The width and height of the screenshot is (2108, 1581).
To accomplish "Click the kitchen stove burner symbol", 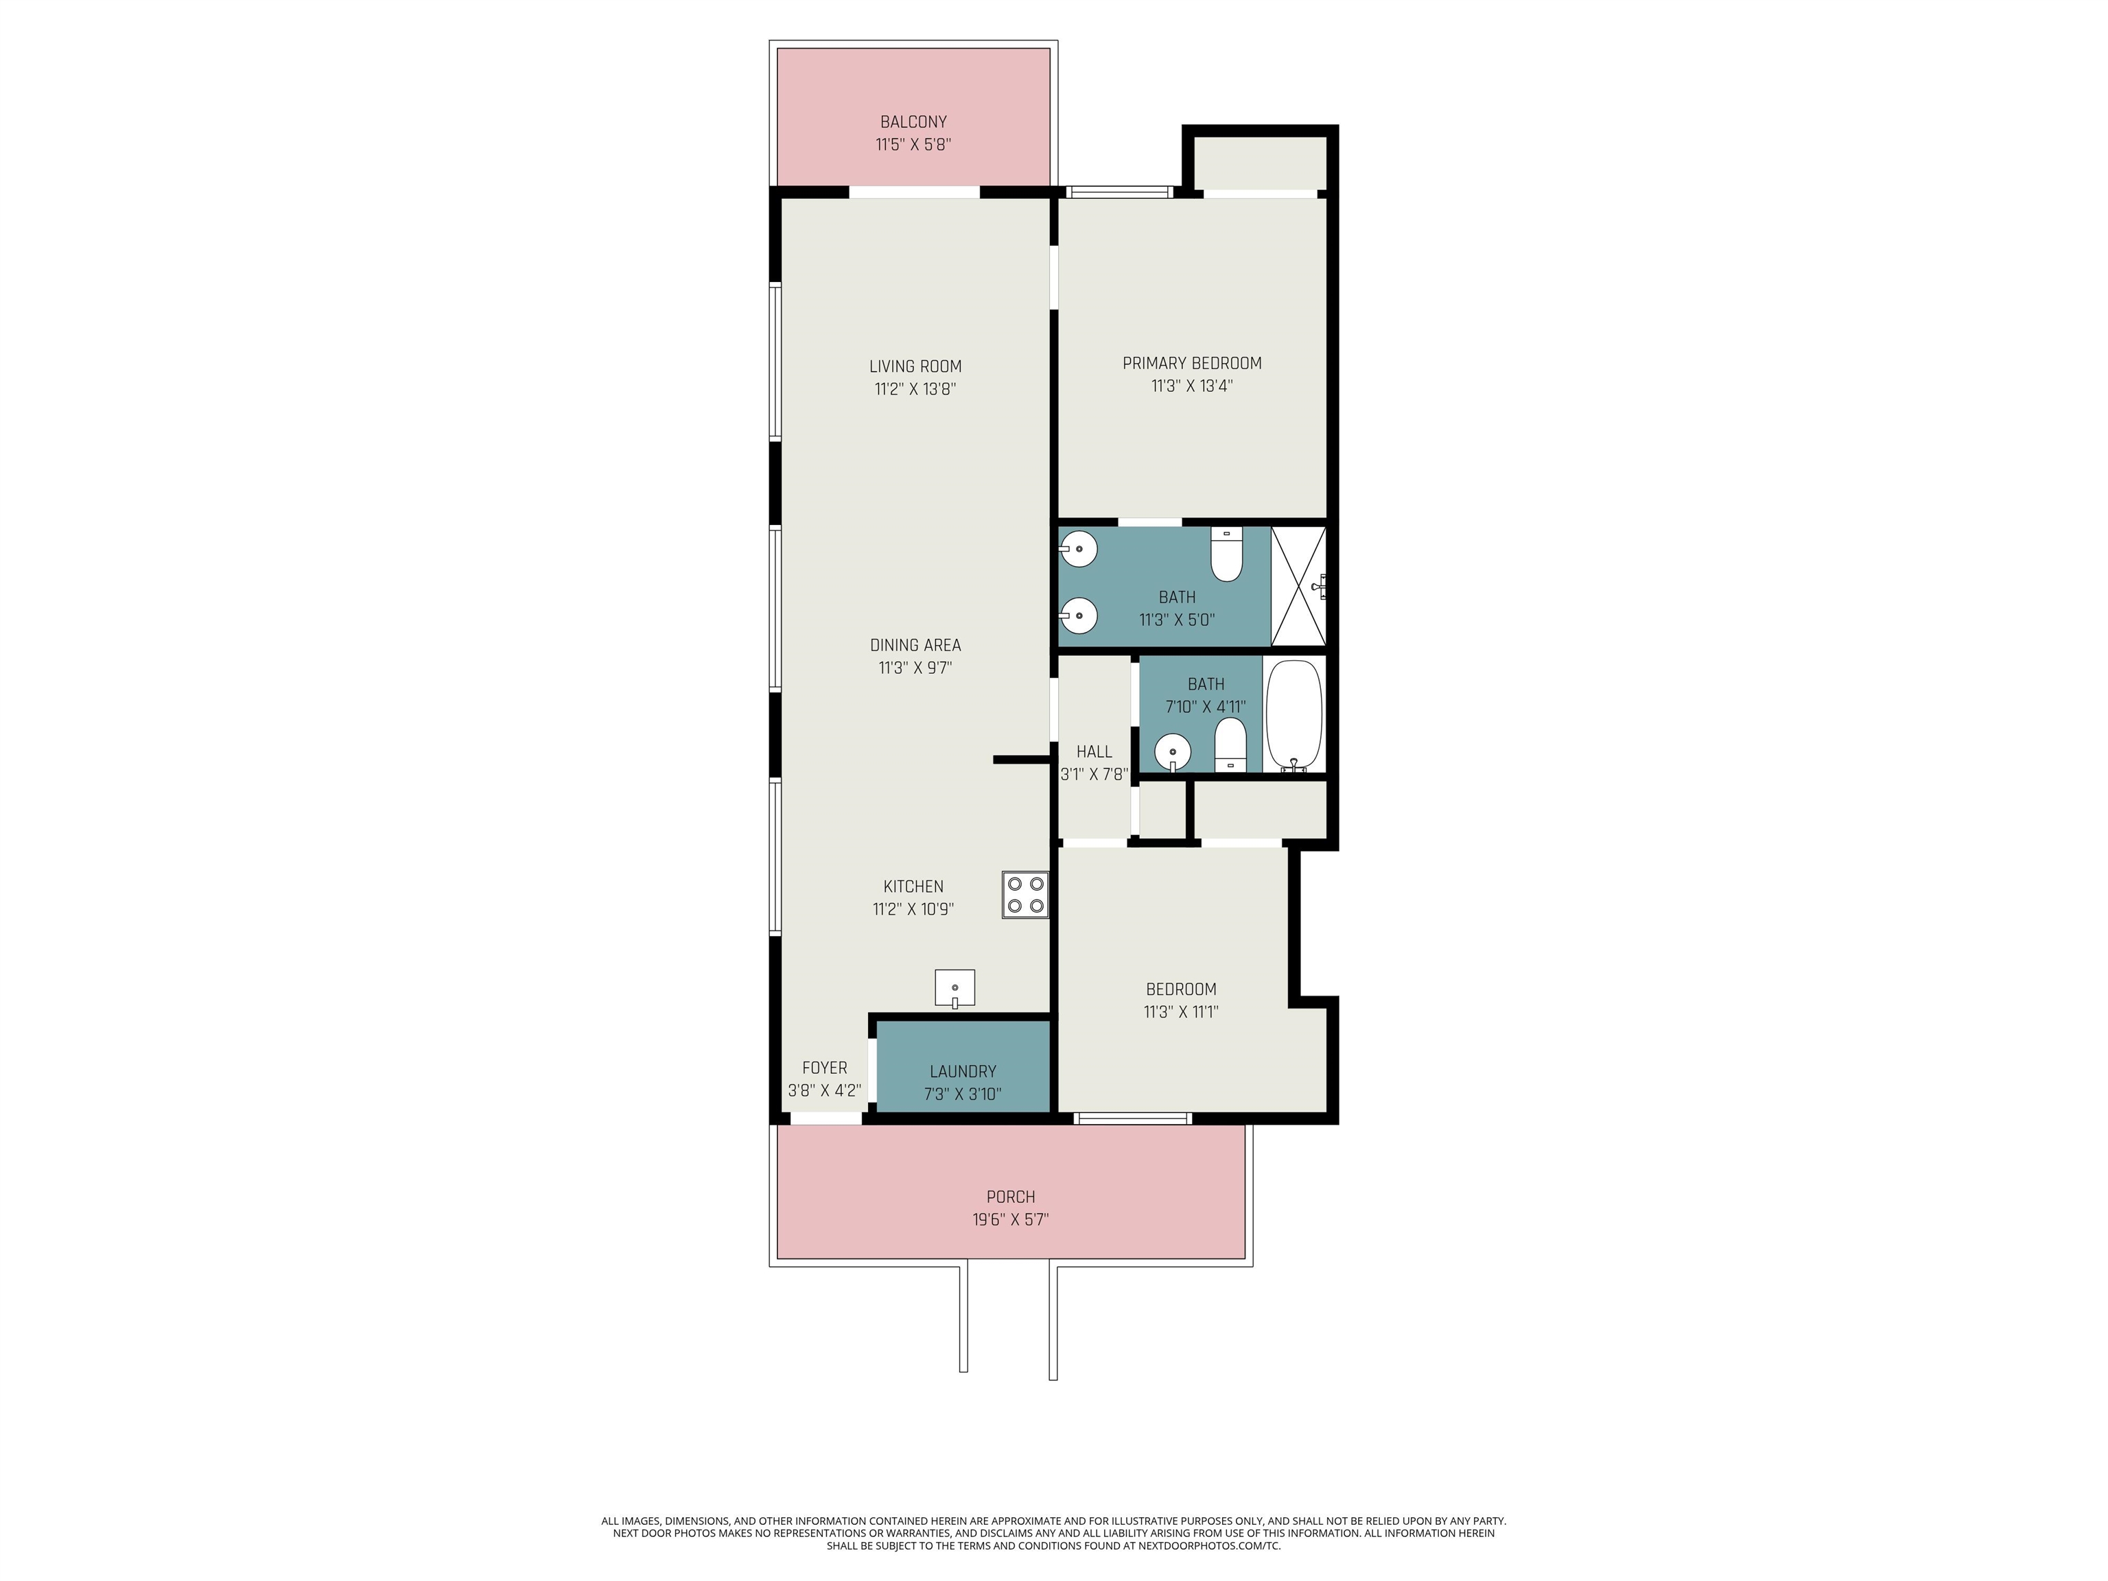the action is (x=1024, y=895).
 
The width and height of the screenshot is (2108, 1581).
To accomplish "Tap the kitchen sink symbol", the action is (x=955, y=988).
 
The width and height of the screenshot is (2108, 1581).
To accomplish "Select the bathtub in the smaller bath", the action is (x=1294, y=716).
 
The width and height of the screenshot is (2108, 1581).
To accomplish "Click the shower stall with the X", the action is (x=1299, y=586).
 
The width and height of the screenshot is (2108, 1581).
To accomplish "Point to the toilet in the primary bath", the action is (x=1226, y=554).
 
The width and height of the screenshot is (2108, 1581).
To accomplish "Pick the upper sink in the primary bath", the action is (x=1079, y=550).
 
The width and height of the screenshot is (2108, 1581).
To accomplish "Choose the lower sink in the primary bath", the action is (x=1079, y=616).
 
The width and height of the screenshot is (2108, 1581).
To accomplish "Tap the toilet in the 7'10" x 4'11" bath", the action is (x=1231, y=745).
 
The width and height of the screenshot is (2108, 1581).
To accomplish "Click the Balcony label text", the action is (x=913, y=122).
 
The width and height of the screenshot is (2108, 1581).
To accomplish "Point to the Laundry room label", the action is (x=963, y=1071).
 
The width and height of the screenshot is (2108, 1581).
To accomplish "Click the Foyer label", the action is (x=824, y=1067).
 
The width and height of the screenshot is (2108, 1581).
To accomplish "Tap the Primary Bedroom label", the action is (x=1191, y=363).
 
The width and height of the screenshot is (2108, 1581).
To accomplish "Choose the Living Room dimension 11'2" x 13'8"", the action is (x=915, y=389).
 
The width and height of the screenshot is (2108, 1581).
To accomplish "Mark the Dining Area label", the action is (x=915, y=645).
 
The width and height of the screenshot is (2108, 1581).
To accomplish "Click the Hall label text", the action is (x=1094, y=752).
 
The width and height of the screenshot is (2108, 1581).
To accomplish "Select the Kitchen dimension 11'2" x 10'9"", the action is (x=913, y=909).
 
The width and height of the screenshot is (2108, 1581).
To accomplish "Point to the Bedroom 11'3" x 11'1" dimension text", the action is (x=1181, y=1012).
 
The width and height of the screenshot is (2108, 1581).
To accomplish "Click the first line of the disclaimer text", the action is (x=1053, y=1521).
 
